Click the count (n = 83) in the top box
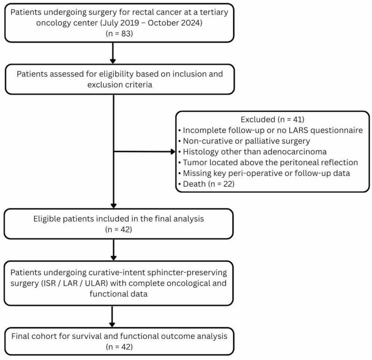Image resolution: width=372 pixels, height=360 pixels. pyautogui.click(x=119, y=34)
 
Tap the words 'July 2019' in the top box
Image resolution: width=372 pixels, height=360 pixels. pyautogui.click(x=120, y=23)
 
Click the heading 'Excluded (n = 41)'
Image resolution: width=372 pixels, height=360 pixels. pyautogui.click(x=273, y=119)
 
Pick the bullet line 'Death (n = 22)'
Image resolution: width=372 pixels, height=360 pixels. pyautogui.click(x=206, y=184)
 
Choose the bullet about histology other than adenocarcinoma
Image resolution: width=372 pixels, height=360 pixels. pyautogui.click(x=253, y=151)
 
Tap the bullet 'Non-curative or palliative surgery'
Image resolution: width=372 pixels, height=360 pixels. pyautogui.click(x=244, y=141)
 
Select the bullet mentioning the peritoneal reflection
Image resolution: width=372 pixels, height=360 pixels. pyautogui.click(x=268, y=162)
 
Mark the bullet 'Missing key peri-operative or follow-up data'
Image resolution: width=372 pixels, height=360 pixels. pyautogui.click(x=264, y=173)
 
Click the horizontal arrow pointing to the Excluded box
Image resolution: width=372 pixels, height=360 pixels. pyautogui.click(x=144, y=151)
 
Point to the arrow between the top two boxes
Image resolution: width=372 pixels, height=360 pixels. pyautogui.click(x=113, y=53)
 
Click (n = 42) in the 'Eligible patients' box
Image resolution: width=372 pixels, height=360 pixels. pyautogui.click(x=118, y=229)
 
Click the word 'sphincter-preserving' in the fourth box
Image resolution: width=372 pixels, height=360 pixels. pyautogui.click(x=187, y=273)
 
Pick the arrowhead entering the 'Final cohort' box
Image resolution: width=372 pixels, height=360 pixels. pyautogui.click(x=112, y=325)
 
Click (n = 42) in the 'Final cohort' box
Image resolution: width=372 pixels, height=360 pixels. pyautogui.click(x=119, y=347)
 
